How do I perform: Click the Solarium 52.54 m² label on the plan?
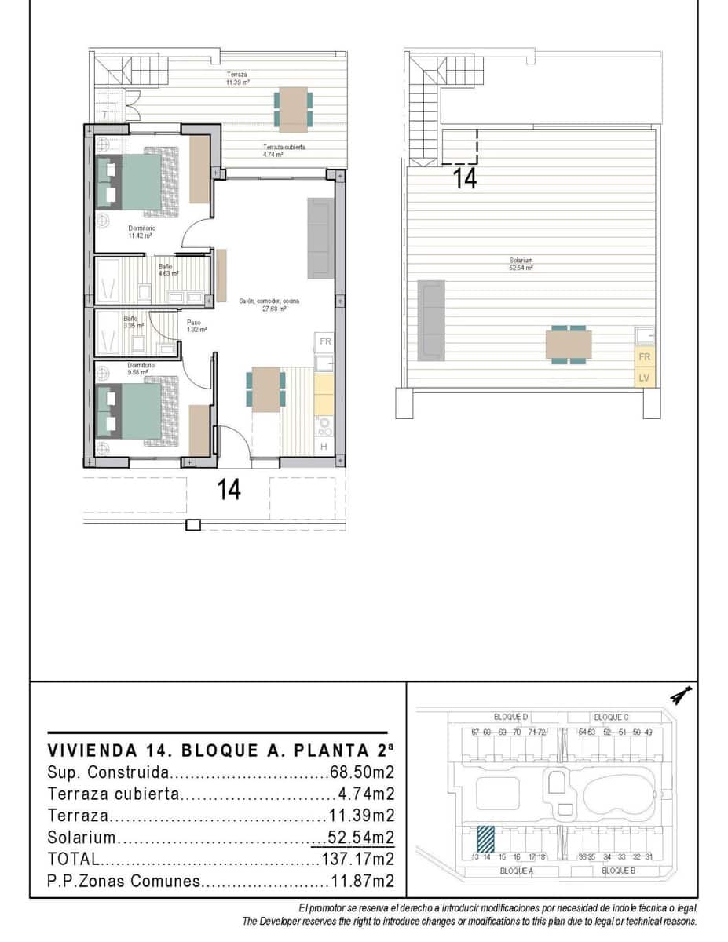521,264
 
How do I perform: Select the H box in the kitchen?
324,447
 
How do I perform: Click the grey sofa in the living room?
320,238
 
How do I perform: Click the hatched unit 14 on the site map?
486,838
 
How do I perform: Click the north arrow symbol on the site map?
680,696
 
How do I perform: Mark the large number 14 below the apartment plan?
229,490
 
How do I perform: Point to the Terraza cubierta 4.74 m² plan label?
284,151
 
